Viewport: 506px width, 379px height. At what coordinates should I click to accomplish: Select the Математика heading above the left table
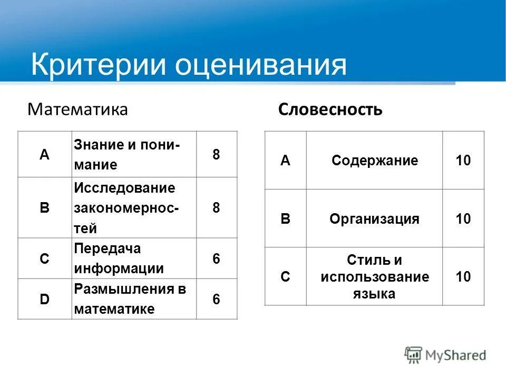coord(77,109)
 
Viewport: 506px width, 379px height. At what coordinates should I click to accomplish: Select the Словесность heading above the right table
coord(330,109)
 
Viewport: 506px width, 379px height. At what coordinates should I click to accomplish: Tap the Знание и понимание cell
coord(126,155)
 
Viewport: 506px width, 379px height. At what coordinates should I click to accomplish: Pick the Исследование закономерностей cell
coord(126,208)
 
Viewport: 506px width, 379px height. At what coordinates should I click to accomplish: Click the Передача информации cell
coord(119,258)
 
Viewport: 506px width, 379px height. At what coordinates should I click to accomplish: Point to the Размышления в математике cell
coord(130,298)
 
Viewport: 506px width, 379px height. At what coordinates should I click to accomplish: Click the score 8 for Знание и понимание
coord(216,155)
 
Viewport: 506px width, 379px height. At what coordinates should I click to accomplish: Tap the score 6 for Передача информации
coord(216,258)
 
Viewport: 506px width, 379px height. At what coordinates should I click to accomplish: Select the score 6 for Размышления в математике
coord(216,299)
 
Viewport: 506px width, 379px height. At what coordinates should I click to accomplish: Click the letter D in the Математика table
coord(45,299)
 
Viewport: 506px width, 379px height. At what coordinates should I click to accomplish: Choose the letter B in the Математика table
coord(45,208)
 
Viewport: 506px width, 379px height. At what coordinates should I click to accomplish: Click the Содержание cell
coord(375,161)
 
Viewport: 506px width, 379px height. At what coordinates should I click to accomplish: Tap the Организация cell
coord(375,219)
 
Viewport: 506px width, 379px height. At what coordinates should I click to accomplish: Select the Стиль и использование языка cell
coord(375,276)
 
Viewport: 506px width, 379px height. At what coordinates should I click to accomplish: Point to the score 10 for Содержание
coord(463,161)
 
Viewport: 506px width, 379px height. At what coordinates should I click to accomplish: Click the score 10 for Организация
coord(463,219)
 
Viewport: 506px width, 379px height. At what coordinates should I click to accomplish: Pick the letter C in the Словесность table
coord(285,276)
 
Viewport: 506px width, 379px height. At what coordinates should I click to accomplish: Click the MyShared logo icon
coord(414,355)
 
